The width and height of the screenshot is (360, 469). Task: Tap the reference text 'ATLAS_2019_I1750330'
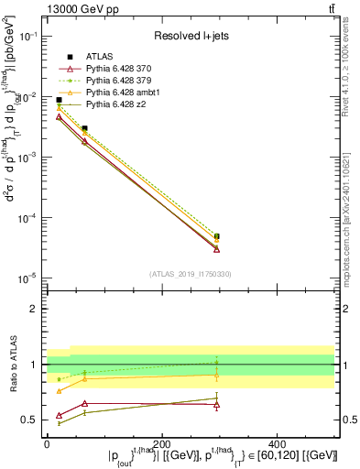tap(191, 274)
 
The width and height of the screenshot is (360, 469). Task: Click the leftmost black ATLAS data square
tap(60, 100)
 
